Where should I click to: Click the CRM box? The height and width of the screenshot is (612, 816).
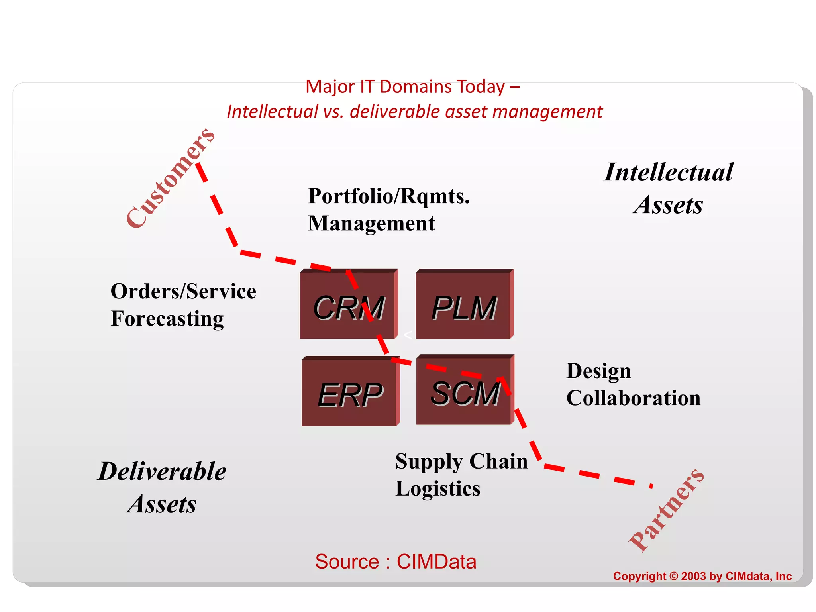click(x=348, y=305)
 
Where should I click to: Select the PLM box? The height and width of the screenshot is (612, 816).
click(x=464, y=305)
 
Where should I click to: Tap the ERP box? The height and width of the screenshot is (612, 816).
click(x=350, y=392)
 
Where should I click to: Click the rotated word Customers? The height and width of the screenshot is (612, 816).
click(x=171, y=178)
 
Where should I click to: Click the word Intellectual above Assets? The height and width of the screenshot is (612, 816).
click(x=669, y=173)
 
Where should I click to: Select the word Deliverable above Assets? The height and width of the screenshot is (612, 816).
click(x=162, y=472)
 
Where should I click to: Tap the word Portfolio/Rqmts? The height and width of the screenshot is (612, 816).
click(x=389, y=196)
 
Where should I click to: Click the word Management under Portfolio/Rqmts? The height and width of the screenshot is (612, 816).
click(x=371, y=224)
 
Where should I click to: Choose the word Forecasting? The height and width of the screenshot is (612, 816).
click(x=167, y=319)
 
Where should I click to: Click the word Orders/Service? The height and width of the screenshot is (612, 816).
click(x=183, y=292)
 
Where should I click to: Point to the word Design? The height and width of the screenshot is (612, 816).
click(x=598, y=371)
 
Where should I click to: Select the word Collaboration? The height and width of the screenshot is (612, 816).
click(x=634, y=398)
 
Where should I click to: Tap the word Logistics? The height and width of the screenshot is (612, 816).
click(x=438, y=489)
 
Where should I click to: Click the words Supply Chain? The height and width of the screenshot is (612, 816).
click(x=461, y=462)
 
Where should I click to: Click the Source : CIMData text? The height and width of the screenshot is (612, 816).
click(x=396, y=562)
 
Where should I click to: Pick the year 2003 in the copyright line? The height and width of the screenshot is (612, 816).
click(x=693, y=576)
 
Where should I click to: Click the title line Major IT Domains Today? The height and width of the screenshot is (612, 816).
click(x=412, y=87)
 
